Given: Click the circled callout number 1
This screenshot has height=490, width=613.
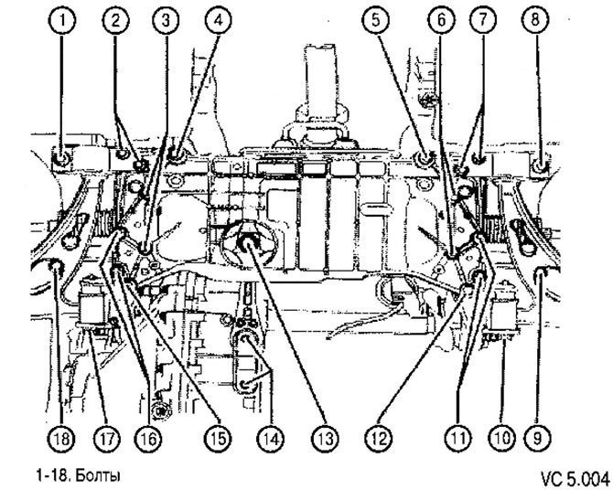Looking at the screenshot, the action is point(61,20).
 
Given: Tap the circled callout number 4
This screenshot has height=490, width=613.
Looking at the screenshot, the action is point(219,20).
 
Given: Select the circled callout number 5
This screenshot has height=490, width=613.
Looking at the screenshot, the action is point(375,20).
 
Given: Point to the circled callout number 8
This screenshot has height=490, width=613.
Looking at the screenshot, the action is point(535,20).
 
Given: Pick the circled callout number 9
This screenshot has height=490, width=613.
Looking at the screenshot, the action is point(537,438).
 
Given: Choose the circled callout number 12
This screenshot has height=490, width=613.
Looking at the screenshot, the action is point(379,438).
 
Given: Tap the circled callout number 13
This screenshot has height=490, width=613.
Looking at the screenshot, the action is point(326,438).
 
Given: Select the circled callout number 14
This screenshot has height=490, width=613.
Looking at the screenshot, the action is point(271,438).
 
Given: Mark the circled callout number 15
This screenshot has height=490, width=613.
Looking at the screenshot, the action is point(218,438).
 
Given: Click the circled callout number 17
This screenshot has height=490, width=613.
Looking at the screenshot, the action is point(106,438).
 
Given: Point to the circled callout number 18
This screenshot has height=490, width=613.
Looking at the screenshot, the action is point(62,438).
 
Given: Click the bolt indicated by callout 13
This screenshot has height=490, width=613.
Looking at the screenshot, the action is point(247,244).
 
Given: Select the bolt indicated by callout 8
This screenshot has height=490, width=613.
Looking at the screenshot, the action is point(540,166).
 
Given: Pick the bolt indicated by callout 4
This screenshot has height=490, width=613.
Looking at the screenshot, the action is point(175,154).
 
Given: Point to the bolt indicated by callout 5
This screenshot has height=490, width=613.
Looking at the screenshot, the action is point(425,157).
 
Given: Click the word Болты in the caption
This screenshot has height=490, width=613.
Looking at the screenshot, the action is point(96,476).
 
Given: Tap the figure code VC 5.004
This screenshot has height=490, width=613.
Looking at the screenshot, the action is point(575,478).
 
